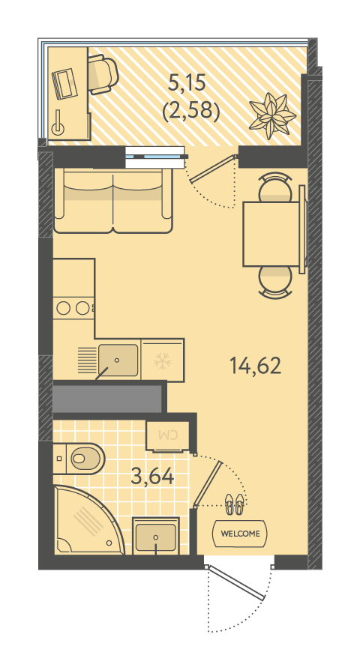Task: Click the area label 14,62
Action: click(x=255, y=366)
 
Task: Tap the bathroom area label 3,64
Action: click(x=153, y=476)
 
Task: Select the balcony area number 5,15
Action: click(x=187, y=82)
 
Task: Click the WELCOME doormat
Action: click(x=240, y=534)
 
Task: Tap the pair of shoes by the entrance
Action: click(x=235, y=504)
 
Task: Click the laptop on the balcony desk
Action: click(x=63, y=84)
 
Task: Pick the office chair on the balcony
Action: click(x=103, y=75)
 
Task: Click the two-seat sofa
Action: click(x=113, y=200)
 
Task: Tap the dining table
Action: click(x=271, y=234)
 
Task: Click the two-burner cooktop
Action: click(x=73, y=308)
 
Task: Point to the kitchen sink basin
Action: click(x=118, y=360)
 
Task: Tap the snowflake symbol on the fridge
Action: click(x=162, y=361)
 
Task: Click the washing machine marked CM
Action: click(x=167, y=436)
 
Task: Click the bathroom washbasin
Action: click(x=156, y=537)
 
